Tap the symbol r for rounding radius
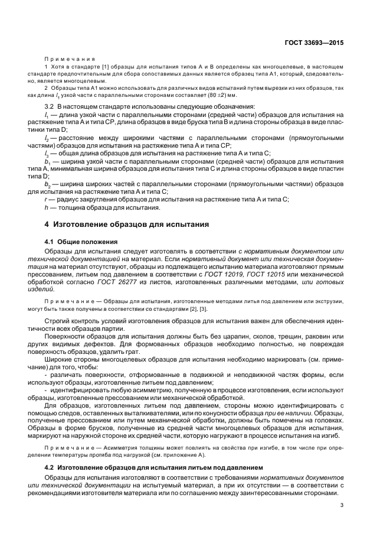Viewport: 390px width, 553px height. (45, 199)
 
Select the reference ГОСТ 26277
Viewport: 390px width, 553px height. (116, 282)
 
